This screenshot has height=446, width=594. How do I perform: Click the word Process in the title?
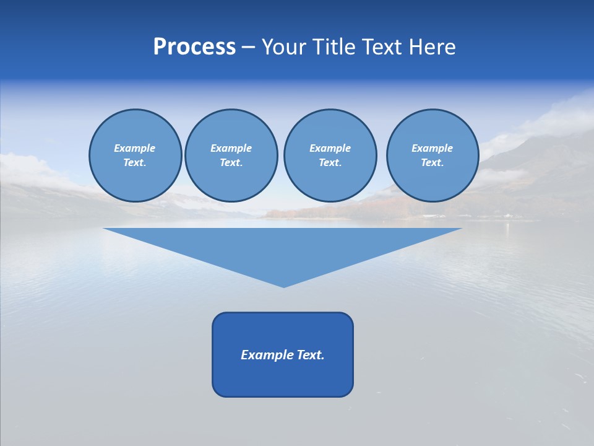[194, 47]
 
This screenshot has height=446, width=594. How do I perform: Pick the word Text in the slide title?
[382, 47]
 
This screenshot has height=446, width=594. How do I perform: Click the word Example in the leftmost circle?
[135, 148]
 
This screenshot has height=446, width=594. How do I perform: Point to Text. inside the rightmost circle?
[432, 163]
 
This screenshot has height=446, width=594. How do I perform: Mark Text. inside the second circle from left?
[231, 163]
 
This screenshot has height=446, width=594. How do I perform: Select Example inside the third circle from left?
[330, 148]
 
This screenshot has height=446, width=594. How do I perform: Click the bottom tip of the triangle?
[283, 286]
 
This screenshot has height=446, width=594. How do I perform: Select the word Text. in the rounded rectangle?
[311, 355]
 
